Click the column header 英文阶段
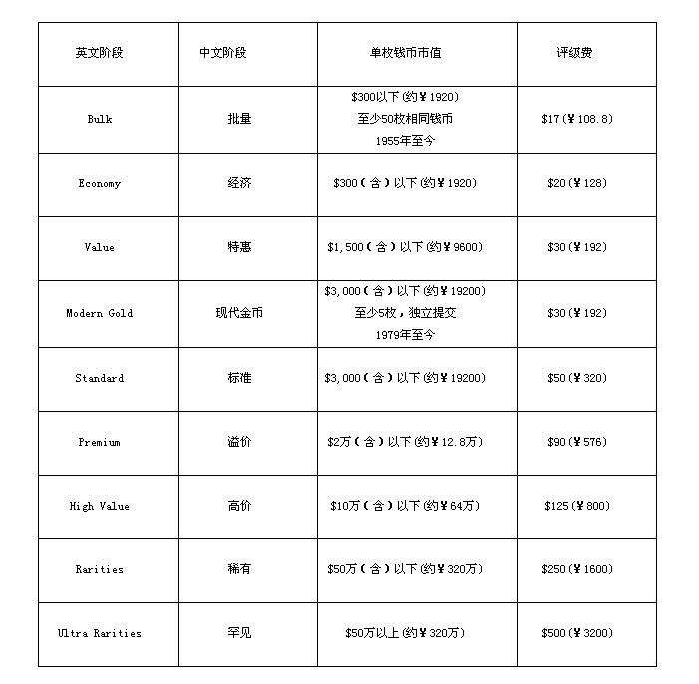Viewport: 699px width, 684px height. click(x=100, y=53)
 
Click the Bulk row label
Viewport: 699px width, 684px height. click(x=100, y=119)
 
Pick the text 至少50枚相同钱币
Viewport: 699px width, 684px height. click(x=406, y=119)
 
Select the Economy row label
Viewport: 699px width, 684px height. click(x=100, y=183)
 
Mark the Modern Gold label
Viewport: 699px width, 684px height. click(x=100, y=313)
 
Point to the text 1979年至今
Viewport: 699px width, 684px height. click(x=406, y=335)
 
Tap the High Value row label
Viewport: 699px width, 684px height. click(x=100, y=506)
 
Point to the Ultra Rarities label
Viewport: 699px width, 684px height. click(x=100, y=633)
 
